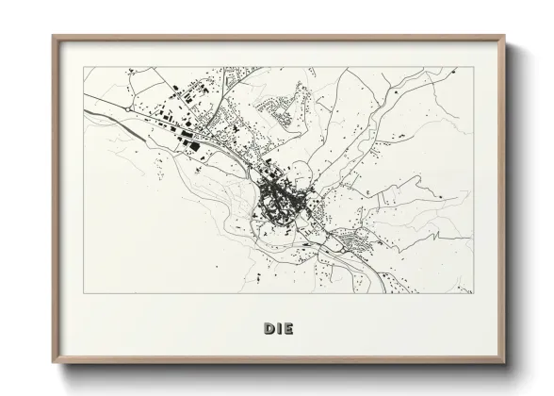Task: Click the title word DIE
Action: pyautogui.click(x=278, y=328)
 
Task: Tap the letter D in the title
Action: pyautogui.click(x=269, y=328)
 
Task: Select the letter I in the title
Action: pyautogui.click(x=279, y=328)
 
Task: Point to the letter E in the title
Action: pyautogui.click(x=287, y=328)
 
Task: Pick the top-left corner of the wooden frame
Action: pyautogui.click(x=53, y=37)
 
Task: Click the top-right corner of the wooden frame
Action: pyautogui.click(x=504, y=37)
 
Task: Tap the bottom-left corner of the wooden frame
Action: pyautogui.click(x=53, y=364)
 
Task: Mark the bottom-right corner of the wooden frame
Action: pyautogui.click(x=504, y=364)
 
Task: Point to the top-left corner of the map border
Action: pyautogui.click(x=84, y=68)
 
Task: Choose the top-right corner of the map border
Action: pyautogui.click(x=473, y=68)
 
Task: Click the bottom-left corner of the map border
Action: pyautogui.click(x=84, y=293)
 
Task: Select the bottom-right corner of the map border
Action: pyautogui.click(x=473, y=293)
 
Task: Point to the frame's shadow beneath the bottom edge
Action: pyautogui.click(x=283, y=370)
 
